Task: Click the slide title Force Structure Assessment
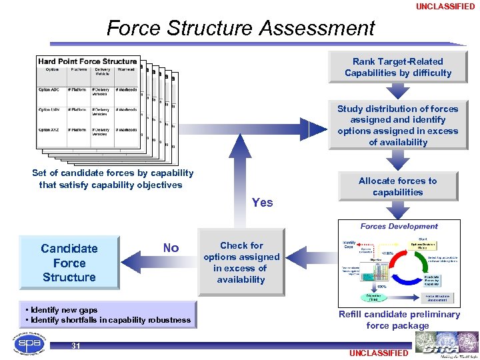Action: click(x=241, y=28)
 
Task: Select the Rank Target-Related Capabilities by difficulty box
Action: click(x=398, y=67)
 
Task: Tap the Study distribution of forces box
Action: click(x=398, y=125)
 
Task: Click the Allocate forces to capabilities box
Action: click(x=398, y=186)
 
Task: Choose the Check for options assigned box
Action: click(x=241, y=263)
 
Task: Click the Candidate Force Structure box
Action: click(x=69, y=263)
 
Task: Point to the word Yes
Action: click(x=262, y=203)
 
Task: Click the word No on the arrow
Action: click(x=171, y=248)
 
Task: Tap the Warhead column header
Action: click(x=125, y=69)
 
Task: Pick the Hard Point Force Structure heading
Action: click(x=87, y=61)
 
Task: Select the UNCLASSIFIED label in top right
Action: click(x=445, y=7)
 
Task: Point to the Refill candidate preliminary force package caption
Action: click(x=399, y=320)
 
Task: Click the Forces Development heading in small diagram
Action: click(x=399, y=227)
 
